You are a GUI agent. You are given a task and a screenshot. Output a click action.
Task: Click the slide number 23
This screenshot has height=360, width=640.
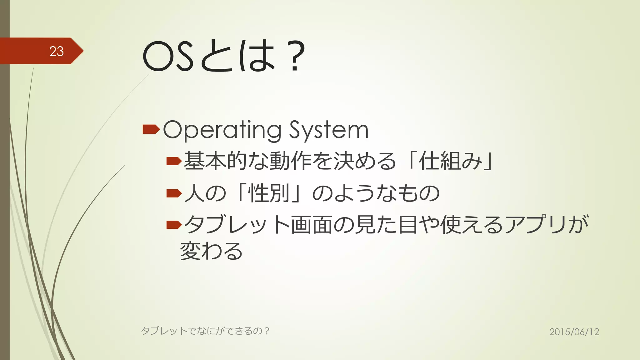[x=56, y=51]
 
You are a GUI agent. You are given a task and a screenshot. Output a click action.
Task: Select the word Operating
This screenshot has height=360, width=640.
[x=222, y=130]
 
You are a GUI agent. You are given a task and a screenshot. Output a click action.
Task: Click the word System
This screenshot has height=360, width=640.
[x=329, y=130]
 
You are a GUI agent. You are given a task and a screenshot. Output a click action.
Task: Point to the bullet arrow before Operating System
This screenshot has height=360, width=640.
[x=151, y=129]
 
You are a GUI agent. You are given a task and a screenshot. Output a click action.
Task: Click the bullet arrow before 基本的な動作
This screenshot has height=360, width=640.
[x=174, y=161]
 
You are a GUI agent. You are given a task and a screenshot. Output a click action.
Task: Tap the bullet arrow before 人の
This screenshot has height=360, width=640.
[x=174, y=193]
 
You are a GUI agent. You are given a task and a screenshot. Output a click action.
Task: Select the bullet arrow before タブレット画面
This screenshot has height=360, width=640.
[x=174, y=225]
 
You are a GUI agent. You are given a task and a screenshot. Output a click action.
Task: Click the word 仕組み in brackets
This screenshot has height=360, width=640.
[x=450, y=161]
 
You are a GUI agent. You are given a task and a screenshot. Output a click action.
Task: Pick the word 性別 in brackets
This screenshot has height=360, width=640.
[x=269, y=193]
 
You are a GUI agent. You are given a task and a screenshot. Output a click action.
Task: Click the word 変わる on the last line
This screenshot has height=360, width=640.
[x=212, y=251]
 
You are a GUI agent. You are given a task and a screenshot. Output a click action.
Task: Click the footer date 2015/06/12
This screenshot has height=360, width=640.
[x=574, y=332]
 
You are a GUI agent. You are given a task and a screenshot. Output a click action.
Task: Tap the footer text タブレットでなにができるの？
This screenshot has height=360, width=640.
[x=205, y=331]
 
